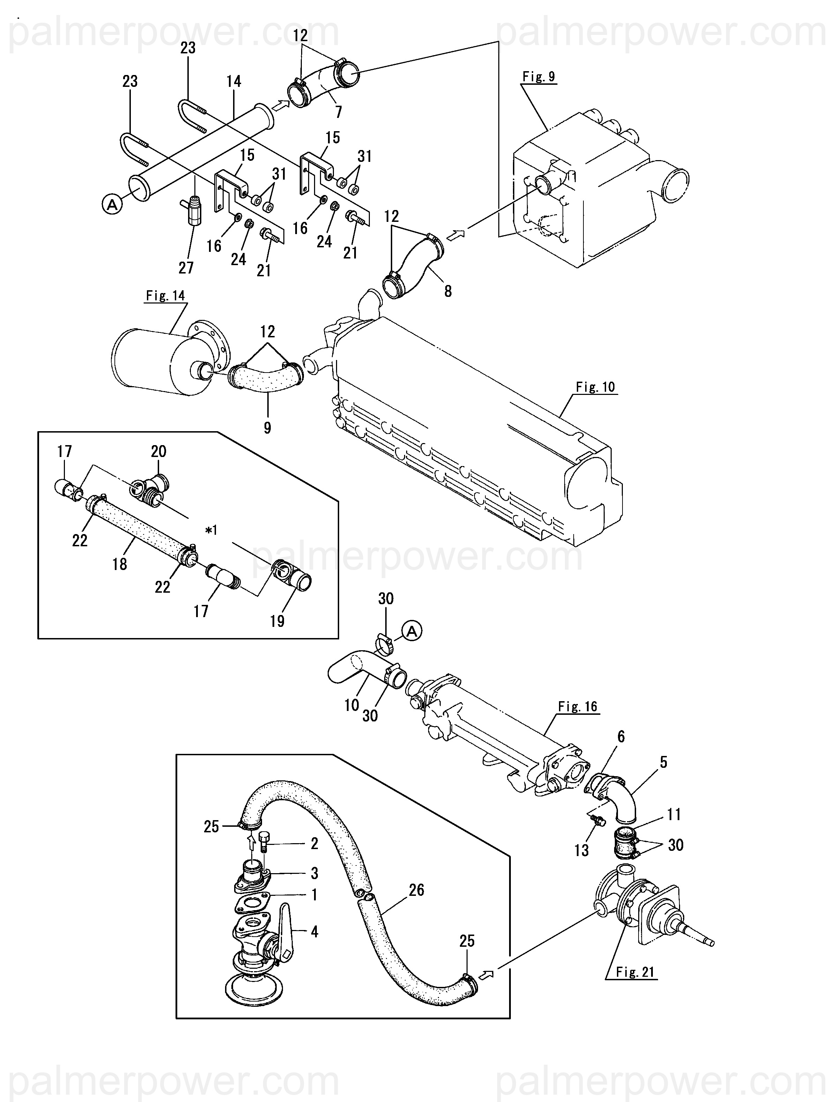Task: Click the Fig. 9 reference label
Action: point(538,77)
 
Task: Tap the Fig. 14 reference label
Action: point(165,296)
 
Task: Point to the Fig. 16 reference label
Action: point(577,706)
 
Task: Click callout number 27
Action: point(186,268)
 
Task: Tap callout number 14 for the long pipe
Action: point(234,81)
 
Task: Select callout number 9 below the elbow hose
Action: point(268,427)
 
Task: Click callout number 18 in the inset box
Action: point(120,564)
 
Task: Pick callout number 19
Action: point(277,621)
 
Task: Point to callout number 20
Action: point(158,451)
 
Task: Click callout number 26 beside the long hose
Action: point(416,890)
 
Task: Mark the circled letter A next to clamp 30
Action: point(412,631)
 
